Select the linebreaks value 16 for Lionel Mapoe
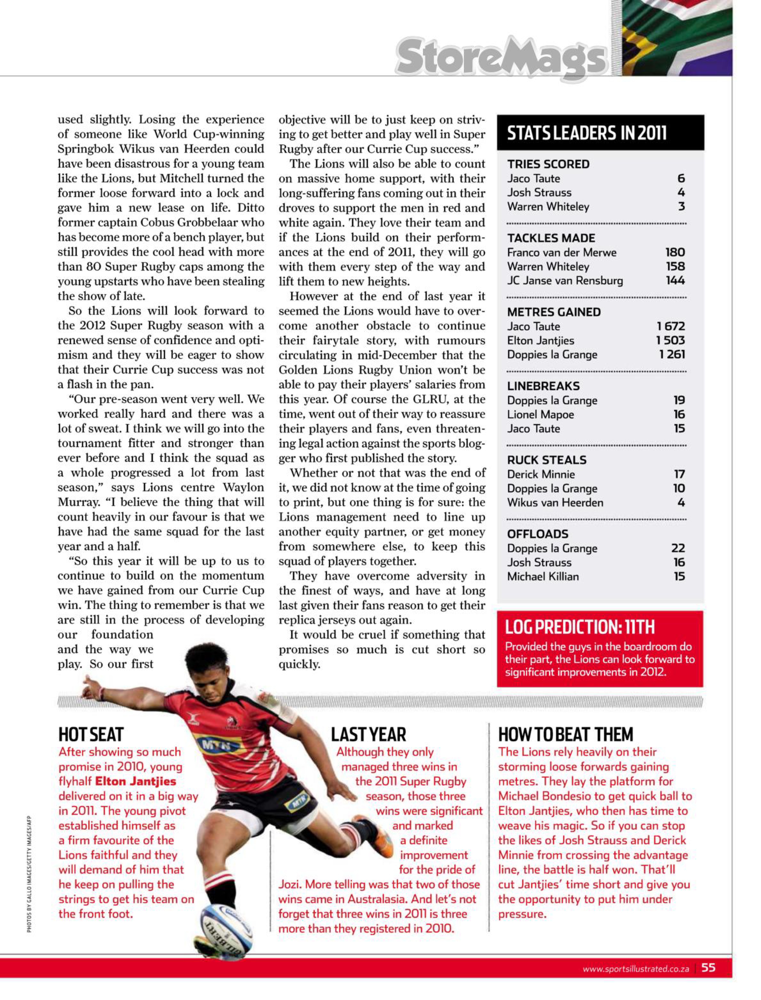coord(679,414)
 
